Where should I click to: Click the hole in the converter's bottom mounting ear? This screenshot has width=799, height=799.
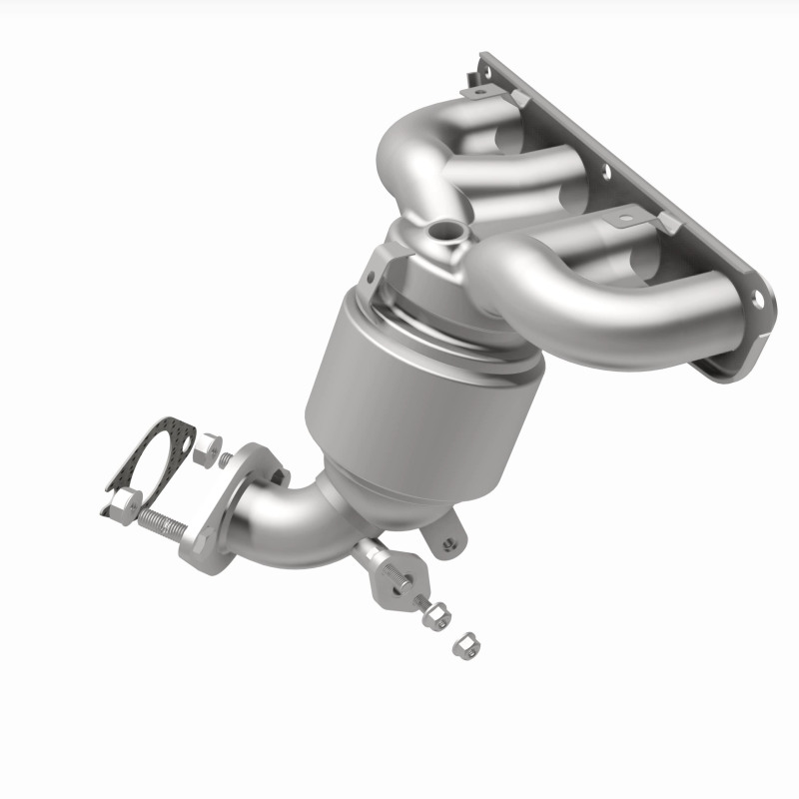click(x=448, y=543)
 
